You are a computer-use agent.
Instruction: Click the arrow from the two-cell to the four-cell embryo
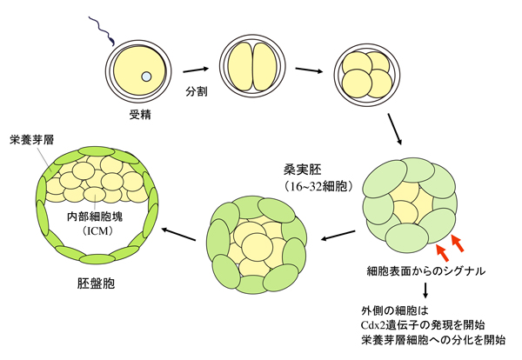pos(309,69)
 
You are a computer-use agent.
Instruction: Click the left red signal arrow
pos(440,252)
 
